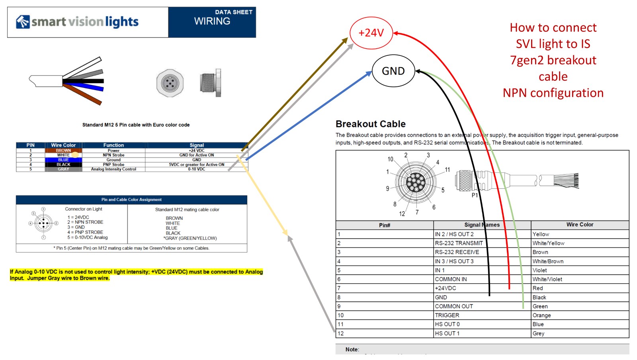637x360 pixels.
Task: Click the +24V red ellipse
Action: coord(371,33)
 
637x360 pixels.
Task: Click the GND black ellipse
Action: coord(393,71)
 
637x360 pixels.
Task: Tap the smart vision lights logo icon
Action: coord(23,22)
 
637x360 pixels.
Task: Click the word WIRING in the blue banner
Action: coord(212,21)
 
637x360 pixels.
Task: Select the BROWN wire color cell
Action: coord(63,151)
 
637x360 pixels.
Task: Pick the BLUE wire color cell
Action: coord(63,160)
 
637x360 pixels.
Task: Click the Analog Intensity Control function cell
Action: coord(113,169)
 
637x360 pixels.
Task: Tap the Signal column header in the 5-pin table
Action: coord(197,145)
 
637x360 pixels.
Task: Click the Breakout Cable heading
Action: coord(370,124)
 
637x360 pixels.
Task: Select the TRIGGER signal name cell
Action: coord(447,315)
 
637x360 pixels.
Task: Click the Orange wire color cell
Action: coord(542,315)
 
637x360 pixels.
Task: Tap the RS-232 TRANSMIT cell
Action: coord(459,243)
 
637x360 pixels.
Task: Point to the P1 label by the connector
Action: coord(475,195)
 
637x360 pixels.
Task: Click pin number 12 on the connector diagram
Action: coord(402,214)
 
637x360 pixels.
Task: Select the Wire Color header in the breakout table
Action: coord(580,225)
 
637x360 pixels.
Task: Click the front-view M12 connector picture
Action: coord(170,83)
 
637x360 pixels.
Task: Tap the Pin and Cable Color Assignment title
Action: coord(131,200)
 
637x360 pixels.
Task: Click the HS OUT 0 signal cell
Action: coord(447,324)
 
